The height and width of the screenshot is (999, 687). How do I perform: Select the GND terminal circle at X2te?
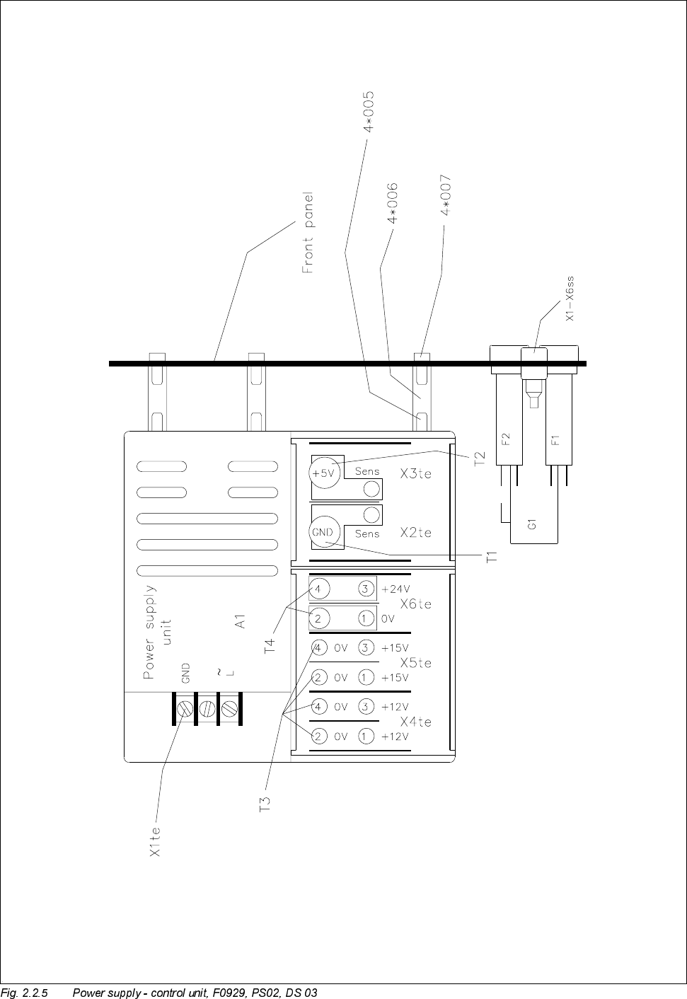point(323,531)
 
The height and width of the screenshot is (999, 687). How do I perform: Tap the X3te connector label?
point(415,474)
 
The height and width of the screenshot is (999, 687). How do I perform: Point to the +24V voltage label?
point(396,589)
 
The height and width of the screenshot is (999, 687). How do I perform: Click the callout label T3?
point(265,804)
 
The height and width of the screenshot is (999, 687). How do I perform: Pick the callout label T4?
point(270,646)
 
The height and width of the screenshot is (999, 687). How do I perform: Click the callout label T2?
point(480,459)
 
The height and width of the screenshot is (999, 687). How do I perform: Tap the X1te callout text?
point(156,843)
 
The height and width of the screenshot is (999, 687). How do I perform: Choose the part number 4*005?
point(369,111)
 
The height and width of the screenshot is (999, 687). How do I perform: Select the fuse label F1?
point(555,439)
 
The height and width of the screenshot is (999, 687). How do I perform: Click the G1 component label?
point(532,524)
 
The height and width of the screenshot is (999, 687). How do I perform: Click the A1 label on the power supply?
point(241,621)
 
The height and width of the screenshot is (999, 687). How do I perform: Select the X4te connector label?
point(415,722)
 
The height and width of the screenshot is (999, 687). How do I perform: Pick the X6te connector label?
point(415,604)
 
